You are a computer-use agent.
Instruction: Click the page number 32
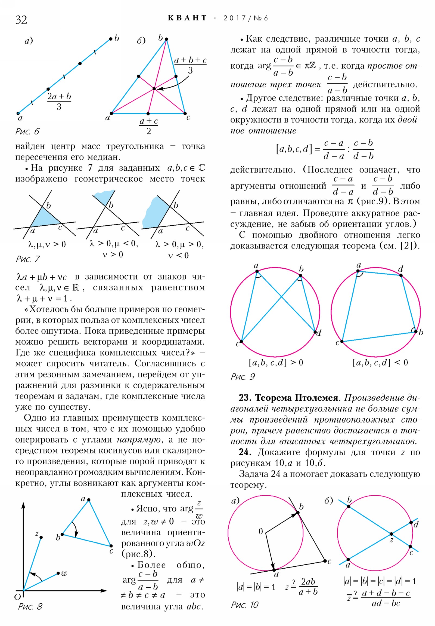pyautogui.click(x=21, y=20)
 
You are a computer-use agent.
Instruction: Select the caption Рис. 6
pyautogui.click(x=27, y=131)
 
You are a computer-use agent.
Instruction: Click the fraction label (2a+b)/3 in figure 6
pyautogui.click(x=59, y=101)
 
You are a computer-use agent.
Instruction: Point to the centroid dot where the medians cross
pyautogui.click(x=154, y=89)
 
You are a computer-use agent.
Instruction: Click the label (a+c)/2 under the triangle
pyautogui.click(x=148, y=126)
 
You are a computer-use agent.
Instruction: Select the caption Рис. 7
pyautogui.click(x=28, y=259)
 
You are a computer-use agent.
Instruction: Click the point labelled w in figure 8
pyautogui.click(x=58, y=573)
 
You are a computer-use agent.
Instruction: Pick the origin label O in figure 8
pyautogui.click(x=18, y=597)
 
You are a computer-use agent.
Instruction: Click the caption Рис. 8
pyautogui.click(x=30, y=606)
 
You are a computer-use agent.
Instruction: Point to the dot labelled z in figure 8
pyautogui.click(x=41, y=537)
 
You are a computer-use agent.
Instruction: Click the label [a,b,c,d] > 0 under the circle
pyautogui.click(x=276, y=362)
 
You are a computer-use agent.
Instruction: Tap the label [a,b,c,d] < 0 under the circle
pyautogui.click(x=380, y=362)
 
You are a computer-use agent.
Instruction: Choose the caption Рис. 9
pyautogui.click(x=243, y=376)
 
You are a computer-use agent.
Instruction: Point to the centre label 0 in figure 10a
pyautogui.click(x=261, y=531)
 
